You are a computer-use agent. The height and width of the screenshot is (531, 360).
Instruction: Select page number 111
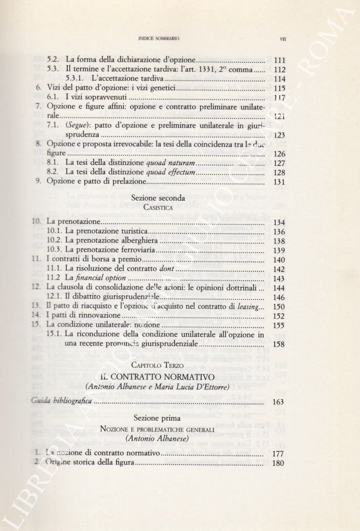[x=279, y=60]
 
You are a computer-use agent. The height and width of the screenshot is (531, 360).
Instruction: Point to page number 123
[x=279, y=135]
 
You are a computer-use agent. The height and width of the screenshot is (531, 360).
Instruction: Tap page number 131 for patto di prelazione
[x=279, y=182]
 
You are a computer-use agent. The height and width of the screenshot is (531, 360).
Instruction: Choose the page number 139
[x=279, y=250]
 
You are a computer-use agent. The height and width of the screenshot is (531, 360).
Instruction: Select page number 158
[x=279, y=344]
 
